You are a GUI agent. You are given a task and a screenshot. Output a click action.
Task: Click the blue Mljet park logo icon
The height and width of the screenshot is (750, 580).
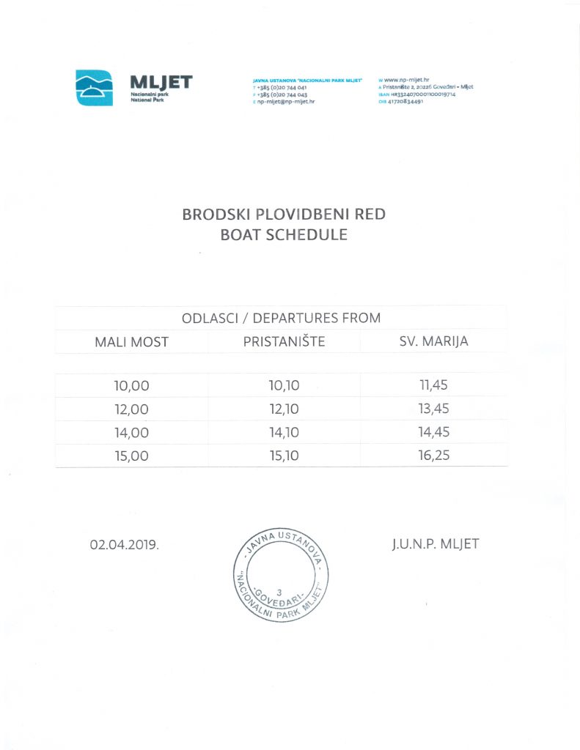click(95, 87)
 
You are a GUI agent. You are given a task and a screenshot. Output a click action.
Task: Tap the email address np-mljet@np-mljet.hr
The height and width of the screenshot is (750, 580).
click(284, 102)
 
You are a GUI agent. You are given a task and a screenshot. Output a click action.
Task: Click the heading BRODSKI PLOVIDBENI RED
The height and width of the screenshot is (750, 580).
click(283, 215)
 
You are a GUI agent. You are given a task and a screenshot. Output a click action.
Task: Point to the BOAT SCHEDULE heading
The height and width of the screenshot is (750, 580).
click(283, 236)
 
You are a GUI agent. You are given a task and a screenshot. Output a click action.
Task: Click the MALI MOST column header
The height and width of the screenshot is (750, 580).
click(131, 342)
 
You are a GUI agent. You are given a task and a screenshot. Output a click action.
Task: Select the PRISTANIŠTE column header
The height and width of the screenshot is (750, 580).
click(284, 341)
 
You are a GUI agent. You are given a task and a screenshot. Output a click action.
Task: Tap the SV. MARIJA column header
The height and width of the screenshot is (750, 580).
click(434, 341)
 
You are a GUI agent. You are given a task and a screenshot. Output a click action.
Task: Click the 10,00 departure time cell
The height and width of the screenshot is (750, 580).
click(131, 386)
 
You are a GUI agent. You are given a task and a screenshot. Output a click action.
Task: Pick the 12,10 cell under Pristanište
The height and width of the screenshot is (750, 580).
click(284, 409)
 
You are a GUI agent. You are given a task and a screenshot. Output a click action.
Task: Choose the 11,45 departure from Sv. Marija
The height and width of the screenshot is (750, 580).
click(433, 385)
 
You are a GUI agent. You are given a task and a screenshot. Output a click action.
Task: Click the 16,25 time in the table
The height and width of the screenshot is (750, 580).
click(433, 455)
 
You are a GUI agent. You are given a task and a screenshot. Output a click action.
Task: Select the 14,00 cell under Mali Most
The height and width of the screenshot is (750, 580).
click(131, 432)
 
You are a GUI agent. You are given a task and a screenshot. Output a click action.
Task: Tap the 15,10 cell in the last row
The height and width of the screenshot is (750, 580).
click(284, 456)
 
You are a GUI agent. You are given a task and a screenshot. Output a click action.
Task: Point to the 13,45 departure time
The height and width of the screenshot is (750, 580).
click(433, 408)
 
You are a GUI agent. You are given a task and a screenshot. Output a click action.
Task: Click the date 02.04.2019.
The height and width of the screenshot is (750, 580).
click(124, 546)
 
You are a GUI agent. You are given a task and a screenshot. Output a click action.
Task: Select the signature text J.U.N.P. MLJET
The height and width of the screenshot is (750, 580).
click(435, 544)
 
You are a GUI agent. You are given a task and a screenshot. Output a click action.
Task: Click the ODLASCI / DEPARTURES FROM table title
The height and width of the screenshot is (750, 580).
click(281, 318)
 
